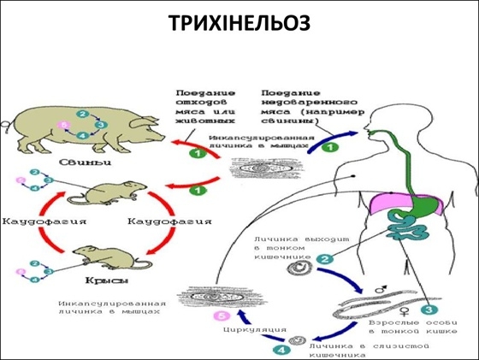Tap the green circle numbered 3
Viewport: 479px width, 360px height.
431,311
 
